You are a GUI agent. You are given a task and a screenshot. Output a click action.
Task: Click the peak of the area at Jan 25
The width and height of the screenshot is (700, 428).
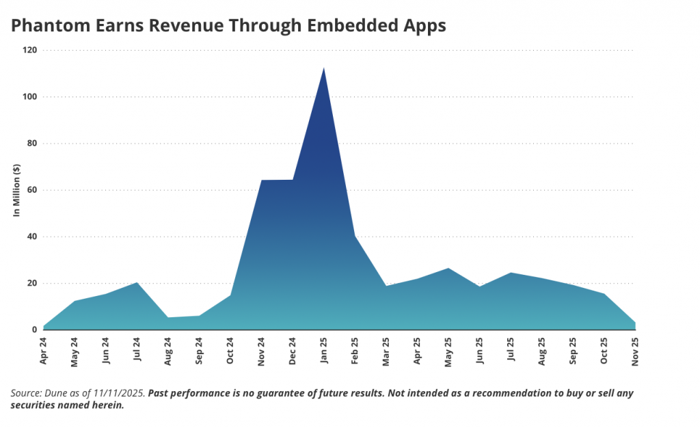tap(323, 68)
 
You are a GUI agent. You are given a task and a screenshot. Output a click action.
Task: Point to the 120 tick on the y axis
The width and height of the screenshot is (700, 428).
tap(30, 51)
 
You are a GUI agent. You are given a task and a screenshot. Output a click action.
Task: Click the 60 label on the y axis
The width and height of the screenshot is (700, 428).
tap(32, 190)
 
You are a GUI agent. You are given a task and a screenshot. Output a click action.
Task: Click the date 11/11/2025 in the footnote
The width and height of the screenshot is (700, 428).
tap(119, 394)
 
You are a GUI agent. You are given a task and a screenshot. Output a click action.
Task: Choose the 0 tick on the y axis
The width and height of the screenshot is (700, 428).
tap(34, 330)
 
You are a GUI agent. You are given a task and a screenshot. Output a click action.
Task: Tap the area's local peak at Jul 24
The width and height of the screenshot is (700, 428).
tap(137, 282)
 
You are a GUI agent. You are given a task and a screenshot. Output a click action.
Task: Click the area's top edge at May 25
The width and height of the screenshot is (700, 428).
tap(448, 268)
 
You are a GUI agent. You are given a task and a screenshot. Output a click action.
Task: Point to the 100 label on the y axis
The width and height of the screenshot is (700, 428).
tap(30, 97)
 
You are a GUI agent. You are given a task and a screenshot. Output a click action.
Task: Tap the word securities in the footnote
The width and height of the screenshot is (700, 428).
tap(33, 405)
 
